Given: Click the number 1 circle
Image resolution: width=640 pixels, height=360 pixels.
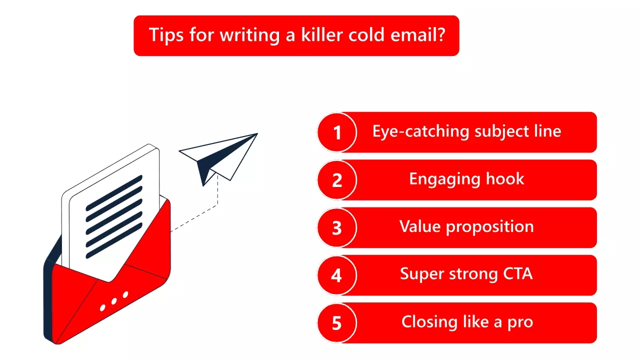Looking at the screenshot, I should click(337, 132).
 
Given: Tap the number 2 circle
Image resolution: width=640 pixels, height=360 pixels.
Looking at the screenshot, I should click(337, 180).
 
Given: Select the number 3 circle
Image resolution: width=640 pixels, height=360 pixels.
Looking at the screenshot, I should click(337, 228).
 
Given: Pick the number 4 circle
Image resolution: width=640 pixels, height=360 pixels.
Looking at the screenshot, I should click(337, 275).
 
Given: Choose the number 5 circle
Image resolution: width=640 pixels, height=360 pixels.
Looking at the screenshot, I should click(337, 323).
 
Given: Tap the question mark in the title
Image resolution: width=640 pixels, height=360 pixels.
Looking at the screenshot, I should click(440, 35).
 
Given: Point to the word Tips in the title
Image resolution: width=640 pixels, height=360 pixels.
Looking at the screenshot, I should click(167, 35).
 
